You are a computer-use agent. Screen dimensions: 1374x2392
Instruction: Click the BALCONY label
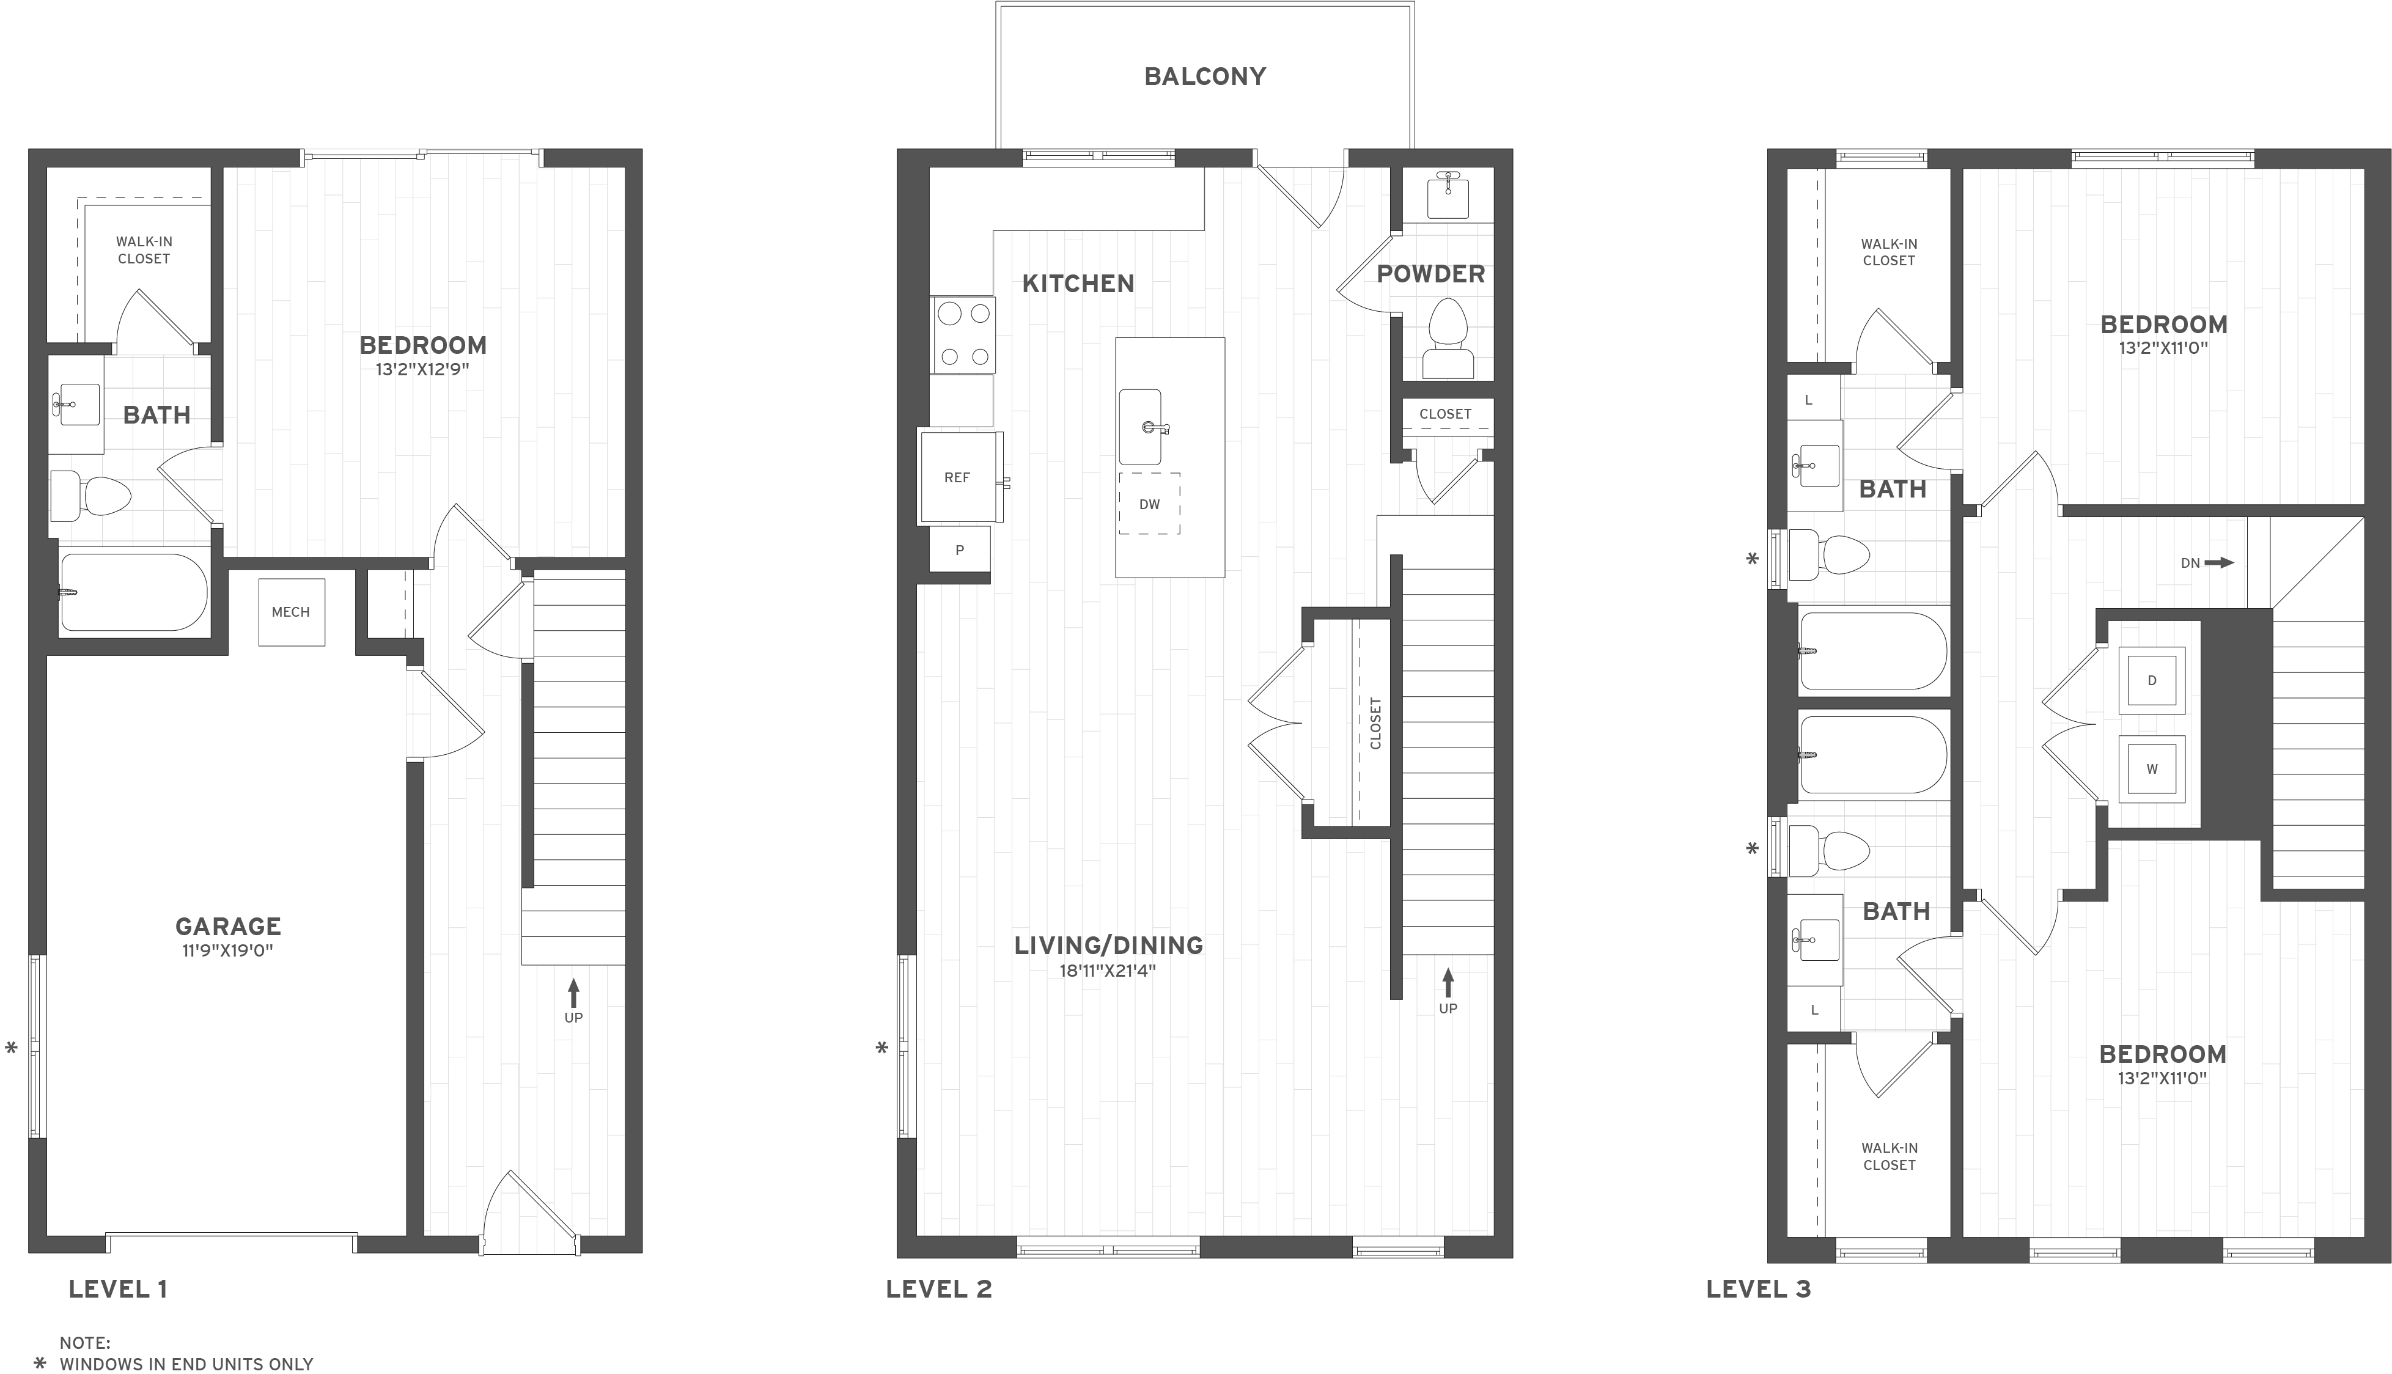[1205, 76]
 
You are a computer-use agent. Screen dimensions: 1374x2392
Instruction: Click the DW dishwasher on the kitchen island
[1149, 504]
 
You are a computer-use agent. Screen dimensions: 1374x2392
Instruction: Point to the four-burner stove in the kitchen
[963, 334]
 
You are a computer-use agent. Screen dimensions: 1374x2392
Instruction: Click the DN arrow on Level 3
[2209, 564]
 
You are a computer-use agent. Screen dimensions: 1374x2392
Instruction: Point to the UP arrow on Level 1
[574, 993]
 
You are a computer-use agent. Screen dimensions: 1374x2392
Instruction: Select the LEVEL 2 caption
[939, 1289]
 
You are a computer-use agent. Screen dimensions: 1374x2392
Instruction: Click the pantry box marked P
[960, 550]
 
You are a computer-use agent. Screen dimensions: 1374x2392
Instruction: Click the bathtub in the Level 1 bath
[132, 592]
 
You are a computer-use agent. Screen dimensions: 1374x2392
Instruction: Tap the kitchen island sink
[1141, 427]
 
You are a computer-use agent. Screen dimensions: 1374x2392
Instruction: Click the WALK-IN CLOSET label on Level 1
[144, 250]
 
